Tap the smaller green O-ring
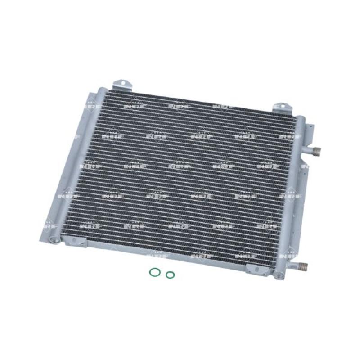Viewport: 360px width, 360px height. pos(169,274)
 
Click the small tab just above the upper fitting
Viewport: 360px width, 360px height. pos(310,135)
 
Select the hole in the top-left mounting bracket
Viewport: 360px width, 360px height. pos(120,82)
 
